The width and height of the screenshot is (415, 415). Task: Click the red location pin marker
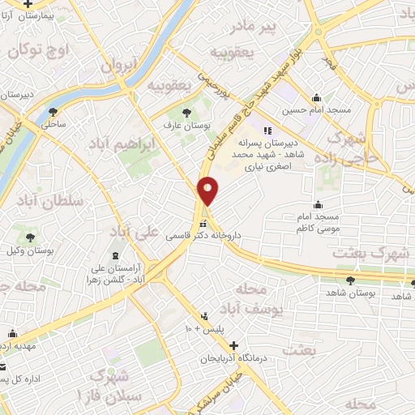[209, 190]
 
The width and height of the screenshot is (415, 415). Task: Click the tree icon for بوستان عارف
[187, 111]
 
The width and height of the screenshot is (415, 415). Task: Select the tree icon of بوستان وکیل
[30, 237]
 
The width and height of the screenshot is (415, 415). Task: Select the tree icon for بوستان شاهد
[350, 280]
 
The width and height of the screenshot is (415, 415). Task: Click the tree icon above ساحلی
[53, 112]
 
